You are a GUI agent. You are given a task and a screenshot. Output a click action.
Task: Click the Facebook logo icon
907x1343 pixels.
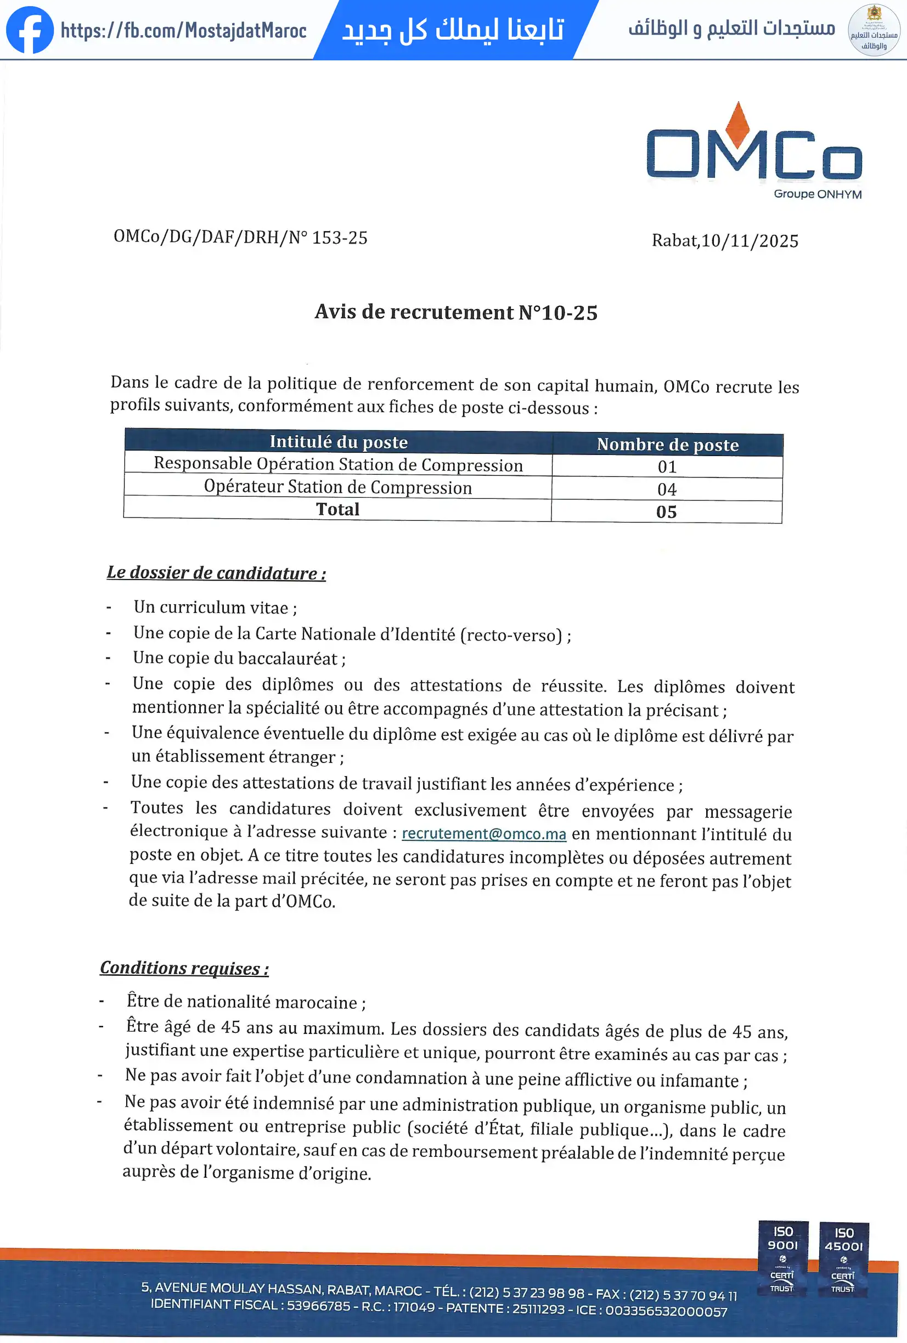[30, 30]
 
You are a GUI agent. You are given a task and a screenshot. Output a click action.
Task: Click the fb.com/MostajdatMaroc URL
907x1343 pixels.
[184, 31]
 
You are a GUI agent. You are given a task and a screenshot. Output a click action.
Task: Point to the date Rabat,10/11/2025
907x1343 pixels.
[725, 241]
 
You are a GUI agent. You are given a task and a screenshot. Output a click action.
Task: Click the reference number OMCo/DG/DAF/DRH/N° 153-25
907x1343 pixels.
[240, 238]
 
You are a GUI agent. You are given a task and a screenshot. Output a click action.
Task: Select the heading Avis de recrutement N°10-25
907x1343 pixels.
[456, 313]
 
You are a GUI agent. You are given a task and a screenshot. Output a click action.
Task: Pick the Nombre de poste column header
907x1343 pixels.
[667, 445]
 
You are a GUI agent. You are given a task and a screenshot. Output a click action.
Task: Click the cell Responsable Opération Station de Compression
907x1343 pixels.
[338, 465]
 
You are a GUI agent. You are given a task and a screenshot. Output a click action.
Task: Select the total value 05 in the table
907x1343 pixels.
[666, 512]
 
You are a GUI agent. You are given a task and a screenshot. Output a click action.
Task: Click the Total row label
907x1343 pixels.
[337, 510]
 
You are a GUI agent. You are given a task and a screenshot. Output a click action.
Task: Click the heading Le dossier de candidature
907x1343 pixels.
[216, 572]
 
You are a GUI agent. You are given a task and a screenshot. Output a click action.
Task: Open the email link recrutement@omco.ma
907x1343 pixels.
[483, 834]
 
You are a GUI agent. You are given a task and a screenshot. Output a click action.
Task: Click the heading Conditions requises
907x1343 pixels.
[184, 968]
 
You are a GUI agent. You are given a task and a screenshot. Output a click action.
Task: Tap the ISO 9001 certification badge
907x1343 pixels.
[783, 1258]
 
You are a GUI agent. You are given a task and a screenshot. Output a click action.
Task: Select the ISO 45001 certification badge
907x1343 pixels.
[843, 1258]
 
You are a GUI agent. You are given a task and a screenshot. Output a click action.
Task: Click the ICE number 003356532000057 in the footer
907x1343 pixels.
[666, 1311]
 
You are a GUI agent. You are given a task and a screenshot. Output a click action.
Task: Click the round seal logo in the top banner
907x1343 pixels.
[874, 30]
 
